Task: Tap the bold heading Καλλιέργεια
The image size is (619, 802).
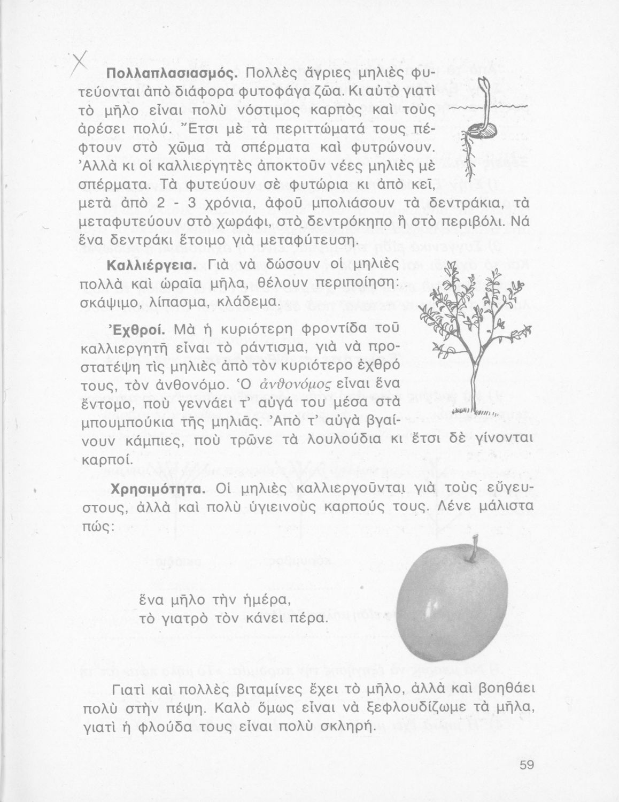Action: [x=146, y=266]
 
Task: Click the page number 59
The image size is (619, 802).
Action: [x=527, y=765]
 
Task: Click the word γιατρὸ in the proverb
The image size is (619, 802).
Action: [x=180, y=619]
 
